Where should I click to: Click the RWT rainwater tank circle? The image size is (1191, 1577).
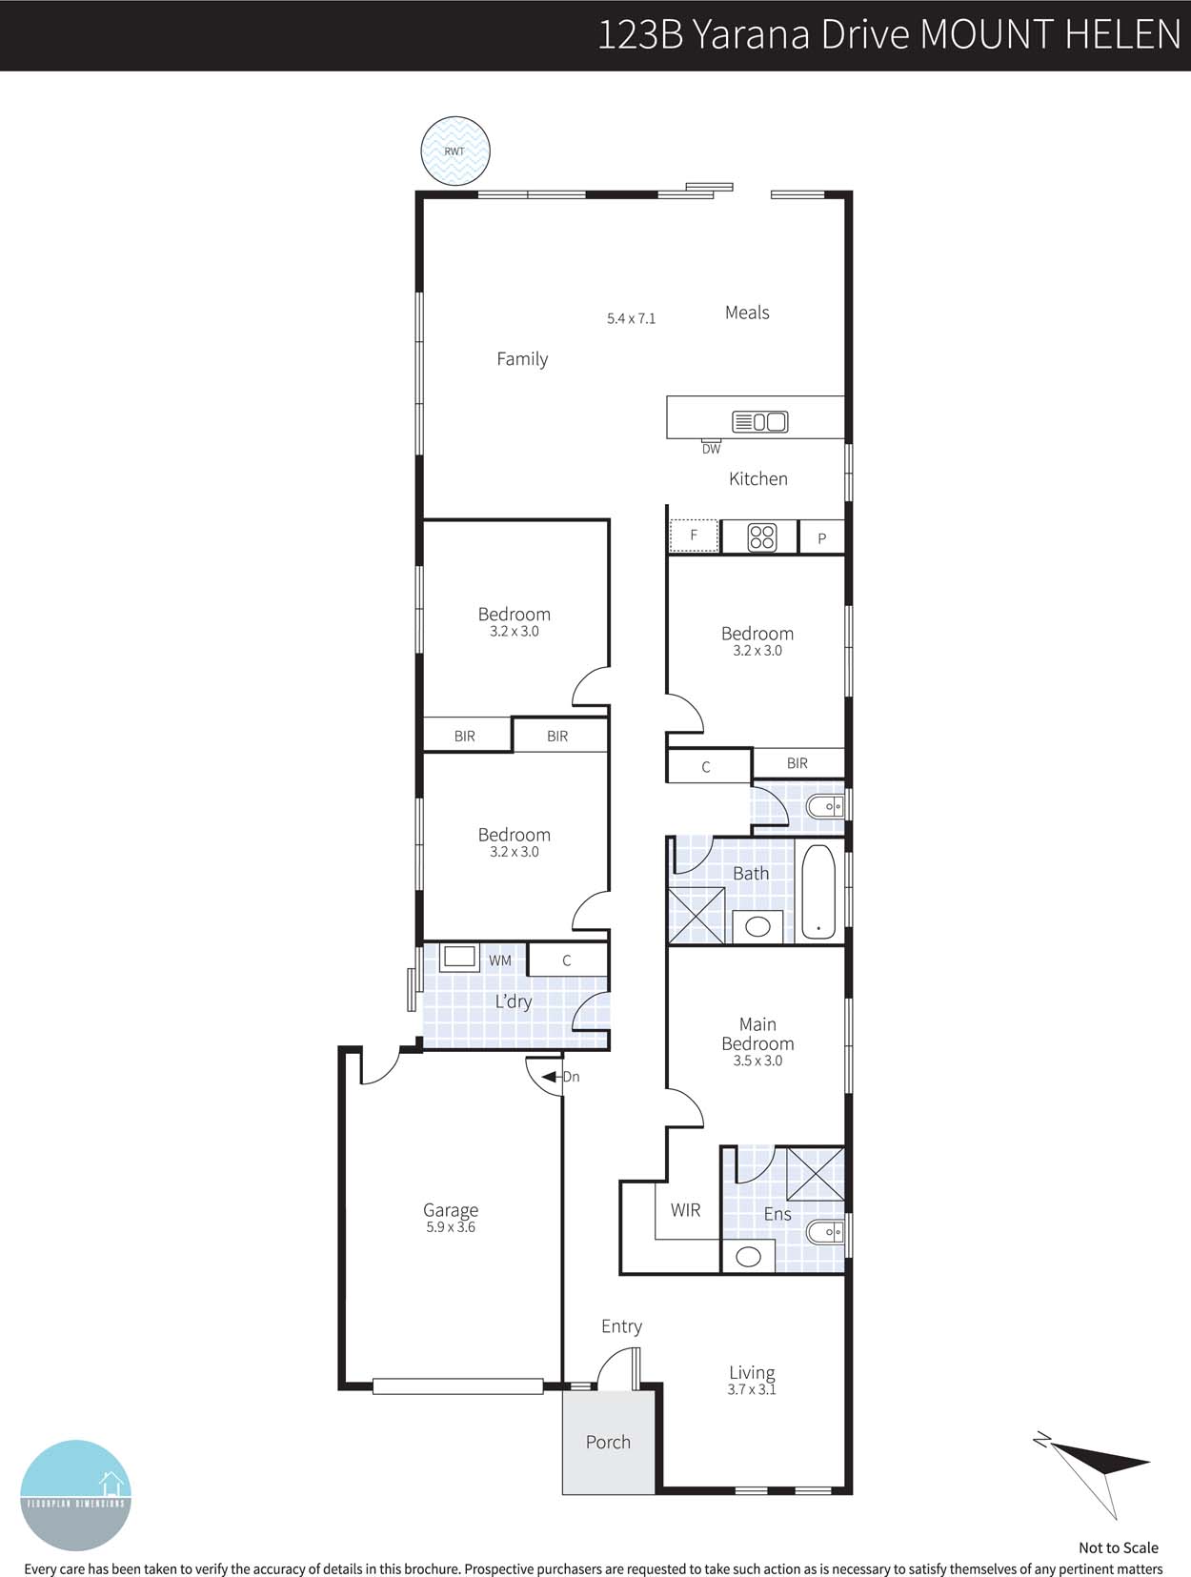point(455,151)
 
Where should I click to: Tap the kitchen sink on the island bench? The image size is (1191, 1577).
point(759,421)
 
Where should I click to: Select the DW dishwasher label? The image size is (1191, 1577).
point(711,449)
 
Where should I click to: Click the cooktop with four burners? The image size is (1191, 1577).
point(761,537)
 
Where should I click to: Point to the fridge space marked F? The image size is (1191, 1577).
point(694,536)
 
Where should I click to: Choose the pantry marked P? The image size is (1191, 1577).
point(821,538)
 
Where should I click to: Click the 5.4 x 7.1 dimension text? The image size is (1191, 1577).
point(631,318)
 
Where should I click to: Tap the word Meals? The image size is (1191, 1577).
point(747,313)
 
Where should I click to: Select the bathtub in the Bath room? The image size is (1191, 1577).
point(818,891)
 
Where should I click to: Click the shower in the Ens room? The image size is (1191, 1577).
point(816,1174)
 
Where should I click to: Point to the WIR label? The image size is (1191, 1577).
point(685,1210)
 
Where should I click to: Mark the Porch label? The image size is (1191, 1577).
point(608,1442)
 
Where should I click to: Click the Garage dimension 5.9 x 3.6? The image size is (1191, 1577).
point(451,1227)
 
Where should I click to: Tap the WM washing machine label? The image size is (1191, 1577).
point(500,960)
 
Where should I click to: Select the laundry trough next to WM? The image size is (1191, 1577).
point(459,957)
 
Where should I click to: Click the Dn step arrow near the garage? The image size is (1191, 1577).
point(552,1077)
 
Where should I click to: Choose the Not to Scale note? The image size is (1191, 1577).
point(1118,1547)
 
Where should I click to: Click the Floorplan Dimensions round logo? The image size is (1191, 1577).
point(75,1495)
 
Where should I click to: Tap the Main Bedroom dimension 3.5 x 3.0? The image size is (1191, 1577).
point(757,1061)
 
